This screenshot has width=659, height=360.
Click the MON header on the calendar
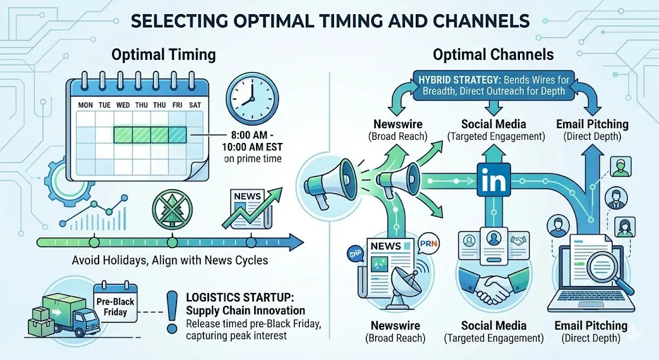[86, 104]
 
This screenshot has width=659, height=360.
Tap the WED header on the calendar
[122, 104]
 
